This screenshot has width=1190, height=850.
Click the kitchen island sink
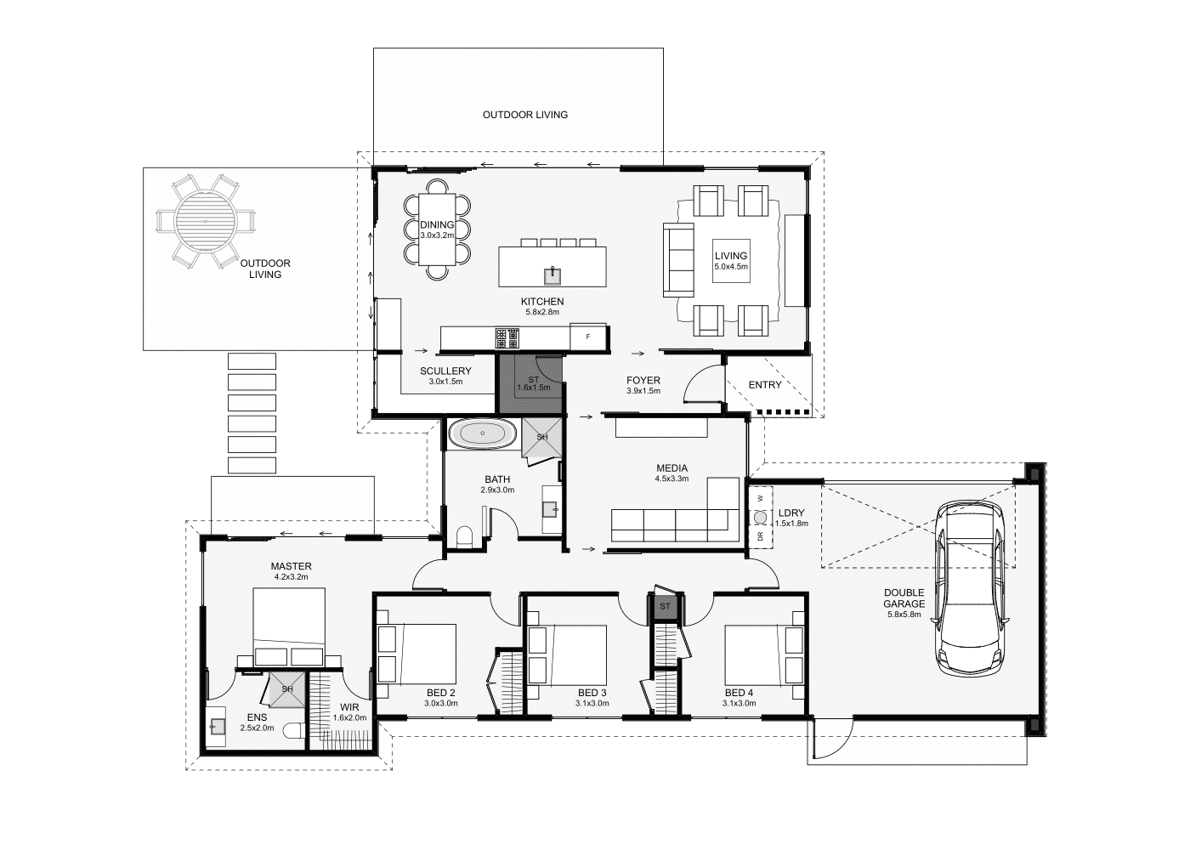click(x=552, y=275)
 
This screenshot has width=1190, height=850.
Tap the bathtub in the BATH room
click(x=483, y=433)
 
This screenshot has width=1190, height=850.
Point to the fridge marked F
click(x=588, y=337)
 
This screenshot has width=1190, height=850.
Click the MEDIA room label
click(x=672, y=468)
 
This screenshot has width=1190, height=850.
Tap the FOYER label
click(x=643, y=381)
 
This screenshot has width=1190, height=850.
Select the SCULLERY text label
click(x=445, y=371)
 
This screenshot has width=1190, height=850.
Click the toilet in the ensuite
click(x=293, y=732)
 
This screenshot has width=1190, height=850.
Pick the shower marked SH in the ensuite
click(x=287, y=689)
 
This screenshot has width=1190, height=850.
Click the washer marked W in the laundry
click(x=760, y=498)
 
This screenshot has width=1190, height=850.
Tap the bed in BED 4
click(x=756, y=654)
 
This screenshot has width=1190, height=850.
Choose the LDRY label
click(x=791, y=513)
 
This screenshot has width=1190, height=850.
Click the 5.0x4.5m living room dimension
click(x=731, y=267)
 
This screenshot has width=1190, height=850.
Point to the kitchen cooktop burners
click(x=507, y=338)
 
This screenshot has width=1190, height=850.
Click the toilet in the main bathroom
click(x=464, y=536)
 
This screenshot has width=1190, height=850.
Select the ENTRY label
click(x=765, y=384)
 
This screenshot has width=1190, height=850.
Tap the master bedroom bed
click(x=288, y=626)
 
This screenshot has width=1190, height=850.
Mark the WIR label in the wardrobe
click(x=349, y=707)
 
